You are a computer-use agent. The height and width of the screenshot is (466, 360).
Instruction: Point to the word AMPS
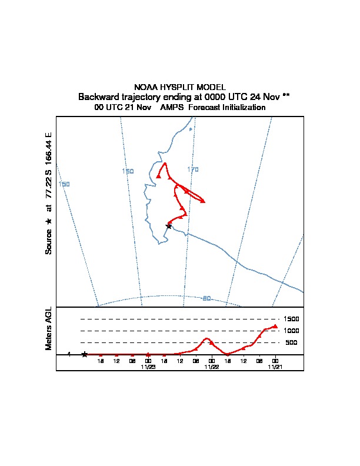point(172,108)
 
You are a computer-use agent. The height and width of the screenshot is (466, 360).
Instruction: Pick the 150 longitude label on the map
point(65,184)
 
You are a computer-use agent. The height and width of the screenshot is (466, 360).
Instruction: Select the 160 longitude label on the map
point(128,171)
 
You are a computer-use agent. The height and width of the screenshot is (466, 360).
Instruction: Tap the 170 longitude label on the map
point(193,169)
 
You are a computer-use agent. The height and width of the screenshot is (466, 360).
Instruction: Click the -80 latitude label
point(205,298)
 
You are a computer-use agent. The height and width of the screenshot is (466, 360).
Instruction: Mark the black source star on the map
point(169,226)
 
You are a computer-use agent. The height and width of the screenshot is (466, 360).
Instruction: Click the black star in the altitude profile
point(85,354)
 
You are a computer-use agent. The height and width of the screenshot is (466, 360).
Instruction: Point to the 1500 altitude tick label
point(291,319)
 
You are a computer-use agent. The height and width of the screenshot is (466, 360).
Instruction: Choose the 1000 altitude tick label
point(291,331)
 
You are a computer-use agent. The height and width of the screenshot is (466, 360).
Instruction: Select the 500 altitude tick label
point(291,342)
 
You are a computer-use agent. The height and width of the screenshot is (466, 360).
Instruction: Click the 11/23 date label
point(148,367)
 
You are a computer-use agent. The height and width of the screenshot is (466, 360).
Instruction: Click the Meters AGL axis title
point(49,328)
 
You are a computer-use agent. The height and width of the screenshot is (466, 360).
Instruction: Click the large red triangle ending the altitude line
point(275,326)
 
